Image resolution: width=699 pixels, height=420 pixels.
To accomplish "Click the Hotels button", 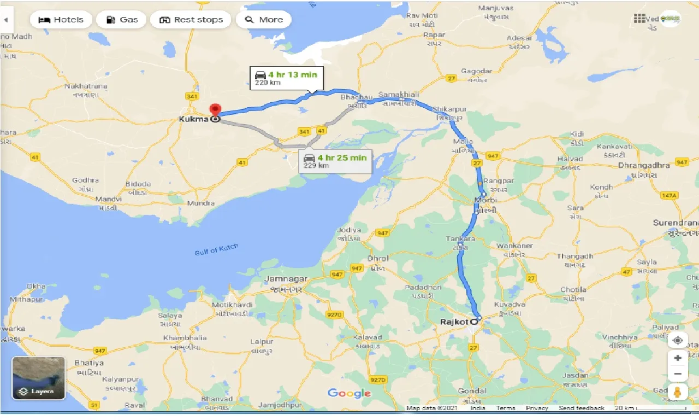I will (x=61, y=20).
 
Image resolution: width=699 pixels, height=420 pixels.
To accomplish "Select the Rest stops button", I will (x=191, y=20).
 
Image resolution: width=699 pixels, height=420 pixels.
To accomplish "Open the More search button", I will (x=264, y=20).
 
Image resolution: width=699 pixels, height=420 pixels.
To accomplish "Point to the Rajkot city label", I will (x=454, y=322).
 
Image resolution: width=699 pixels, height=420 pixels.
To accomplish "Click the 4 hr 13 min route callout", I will (x=287, y=78).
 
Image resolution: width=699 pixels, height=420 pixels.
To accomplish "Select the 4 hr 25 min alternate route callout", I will (x=335, y=161).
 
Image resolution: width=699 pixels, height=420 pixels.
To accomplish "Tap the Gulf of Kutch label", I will (x=217, y=250).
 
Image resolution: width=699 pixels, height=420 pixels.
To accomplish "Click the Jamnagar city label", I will (x=286, y=278).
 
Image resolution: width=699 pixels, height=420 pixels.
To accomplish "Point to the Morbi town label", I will (x=486, y=200).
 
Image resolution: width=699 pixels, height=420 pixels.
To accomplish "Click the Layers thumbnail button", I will (x=39, y=378).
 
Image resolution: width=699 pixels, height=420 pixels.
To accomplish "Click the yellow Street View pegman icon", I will (x=678, y=392).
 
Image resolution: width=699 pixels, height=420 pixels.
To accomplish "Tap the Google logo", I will (x=349, y=393).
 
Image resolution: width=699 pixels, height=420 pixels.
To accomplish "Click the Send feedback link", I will (x=582, y=408).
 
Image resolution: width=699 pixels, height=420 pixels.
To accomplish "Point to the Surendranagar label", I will (x=676, y=223).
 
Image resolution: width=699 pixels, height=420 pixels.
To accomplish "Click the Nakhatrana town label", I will (x=86, y=86).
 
